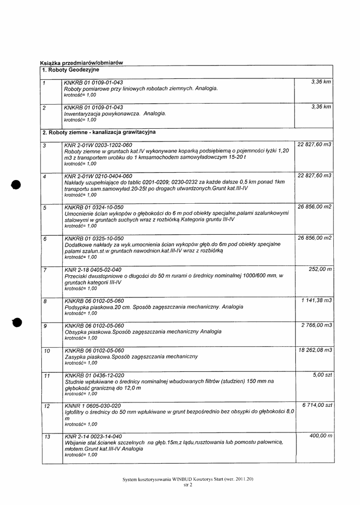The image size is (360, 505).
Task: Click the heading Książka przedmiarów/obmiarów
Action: point(81,63)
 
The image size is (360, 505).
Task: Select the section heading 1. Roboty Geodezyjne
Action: point(71,70)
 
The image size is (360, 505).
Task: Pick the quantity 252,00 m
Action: point(320,269)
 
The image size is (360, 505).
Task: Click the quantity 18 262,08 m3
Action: point(315,350)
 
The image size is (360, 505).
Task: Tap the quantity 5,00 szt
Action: point(323,375)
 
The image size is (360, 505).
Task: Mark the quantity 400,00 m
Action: point(320,436)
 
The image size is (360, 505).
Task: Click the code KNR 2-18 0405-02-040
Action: point(93,270)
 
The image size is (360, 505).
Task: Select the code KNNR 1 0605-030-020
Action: point(93,405)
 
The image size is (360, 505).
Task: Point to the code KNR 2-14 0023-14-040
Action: point(93,436)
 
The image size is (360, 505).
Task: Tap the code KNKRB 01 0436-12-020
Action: point(94,375)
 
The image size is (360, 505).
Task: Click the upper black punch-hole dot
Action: point(17,184)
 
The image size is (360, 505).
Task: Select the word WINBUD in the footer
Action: point(183,479)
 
